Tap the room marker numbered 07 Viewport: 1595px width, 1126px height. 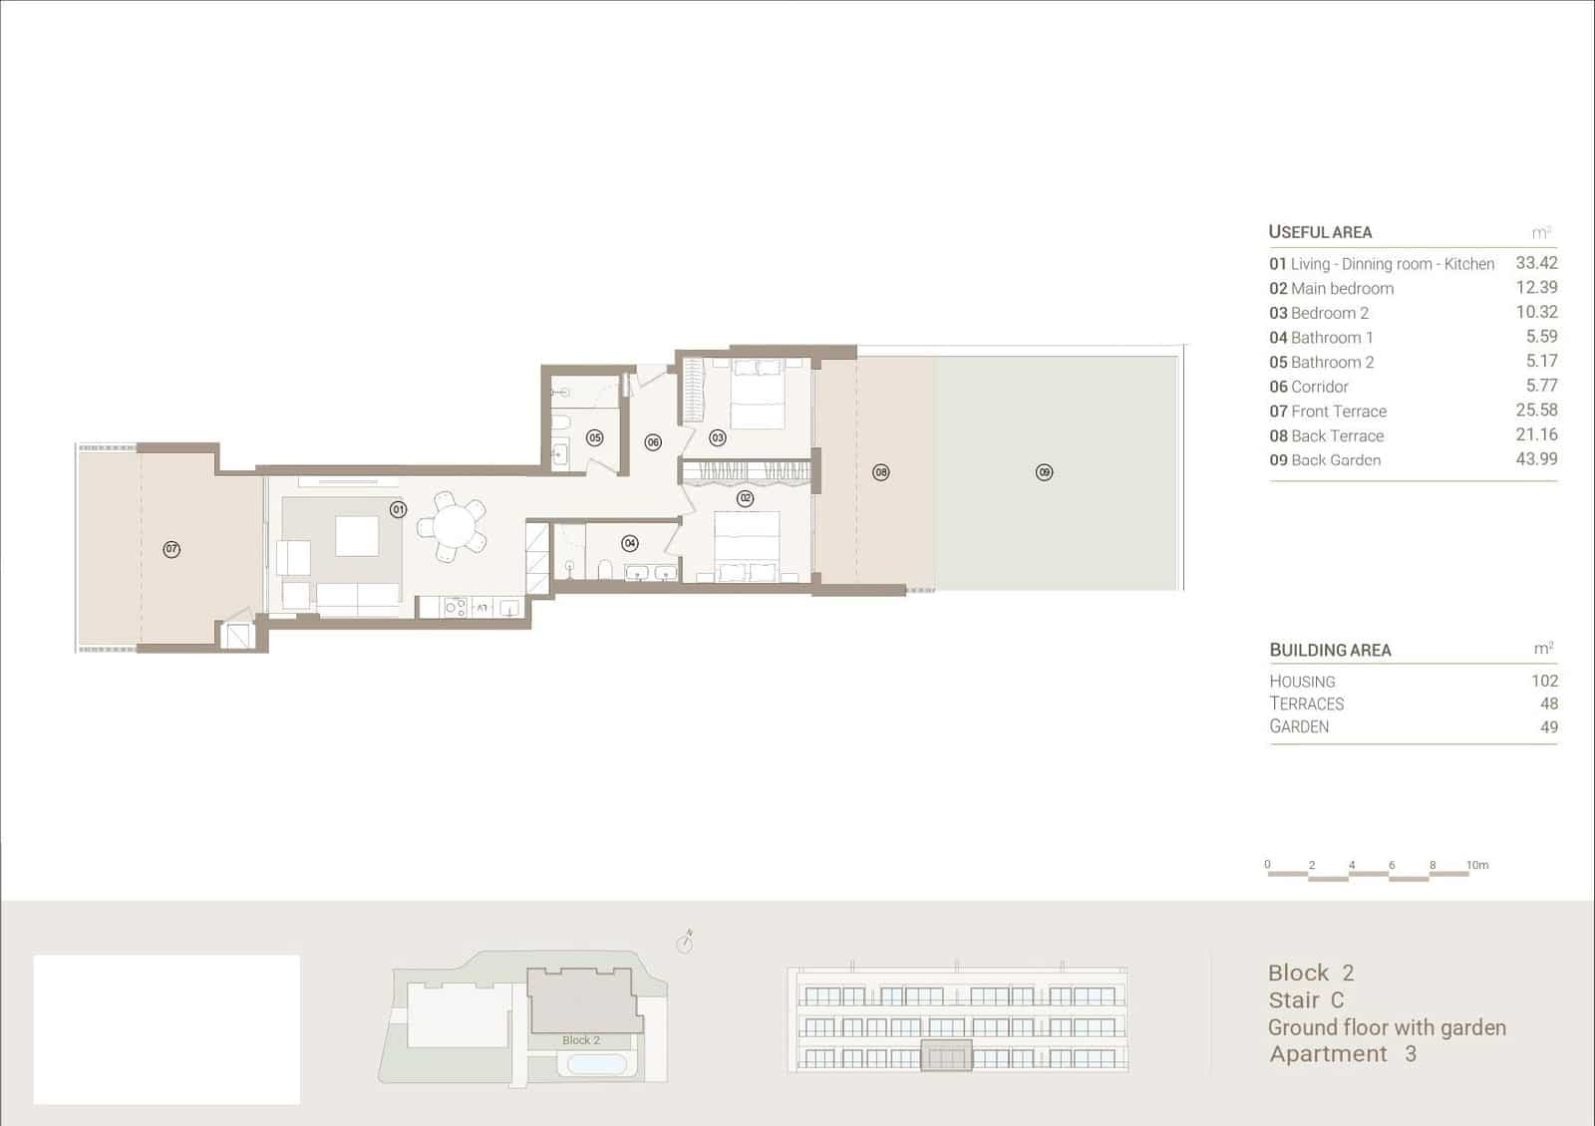pyautogui.click(x=171, y=549)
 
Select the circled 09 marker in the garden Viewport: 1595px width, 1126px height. pyautogui.click(x=1044, y=472)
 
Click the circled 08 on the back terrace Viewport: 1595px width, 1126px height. pyautogui.click(x=880, y=472)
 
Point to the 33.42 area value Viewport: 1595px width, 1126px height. pyautogui.click(x=1535, y=263)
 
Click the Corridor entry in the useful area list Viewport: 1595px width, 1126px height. pyautogui.click(x=1308, y=387)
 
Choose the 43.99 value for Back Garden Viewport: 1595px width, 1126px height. pyautogui.click(x=1535, y=459)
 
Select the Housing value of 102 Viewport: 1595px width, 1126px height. pyautogui.click(x=1543, y=681)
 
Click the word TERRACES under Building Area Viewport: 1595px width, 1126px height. pyautogui.click(x=1306, y=704)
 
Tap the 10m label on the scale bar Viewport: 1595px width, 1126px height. pyautogui.click(x=1476, y=865)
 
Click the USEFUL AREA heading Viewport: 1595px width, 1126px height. pyautogui.click(x=1319, y=232)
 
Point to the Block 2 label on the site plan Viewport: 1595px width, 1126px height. pyautogui.click(x=580, y=1040)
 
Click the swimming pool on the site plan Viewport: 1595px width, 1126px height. pyautogui.click(x=596, y=1064)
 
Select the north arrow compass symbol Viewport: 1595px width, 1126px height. pyautogui.click(x=685, y=942)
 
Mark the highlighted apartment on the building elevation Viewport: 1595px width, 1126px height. pyautogui.click(x=945, y=1055)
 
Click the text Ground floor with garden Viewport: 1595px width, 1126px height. pyautogui.click(x=1386, y=1027)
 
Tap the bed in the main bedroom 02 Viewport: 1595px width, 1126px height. pyautogui.click(x=745, y=543)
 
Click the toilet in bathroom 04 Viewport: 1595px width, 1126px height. pyautogui.click(x=604, y=570)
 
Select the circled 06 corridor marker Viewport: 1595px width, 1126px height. pyautogui.click(x=653, y=442)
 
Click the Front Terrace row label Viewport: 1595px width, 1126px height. pyautogui.click(x=1328, y=412)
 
